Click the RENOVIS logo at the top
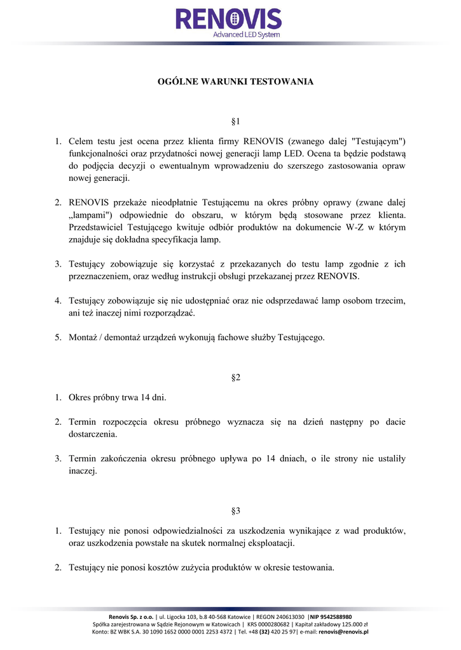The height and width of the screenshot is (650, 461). pos(228,19)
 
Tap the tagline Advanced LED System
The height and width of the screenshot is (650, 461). pos(245,34)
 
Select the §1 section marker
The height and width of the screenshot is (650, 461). pos(235,121)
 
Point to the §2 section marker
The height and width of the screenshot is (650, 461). pos(235,378)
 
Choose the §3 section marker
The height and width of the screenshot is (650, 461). pos(235,510)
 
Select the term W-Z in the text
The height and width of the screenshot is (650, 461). pos(355,227)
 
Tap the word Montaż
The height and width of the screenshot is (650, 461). pos(83,337)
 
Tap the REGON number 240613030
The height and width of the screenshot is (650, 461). pos(284,616)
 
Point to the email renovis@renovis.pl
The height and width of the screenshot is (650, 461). pos(344,632)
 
